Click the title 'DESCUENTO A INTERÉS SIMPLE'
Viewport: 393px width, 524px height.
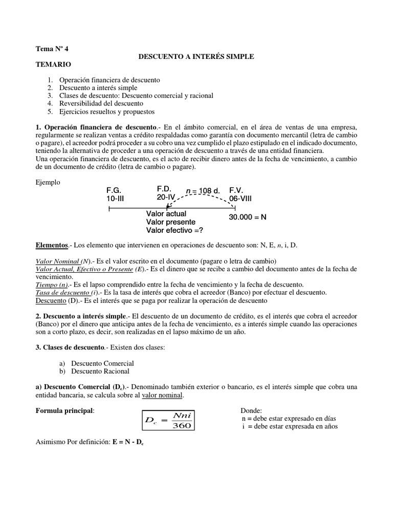coord(196,56)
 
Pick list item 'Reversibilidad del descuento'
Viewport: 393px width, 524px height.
coord(102,103)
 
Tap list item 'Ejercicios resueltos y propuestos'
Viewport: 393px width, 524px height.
coord(106,111)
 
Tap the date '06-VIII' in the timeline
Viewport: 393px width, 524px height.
coord(243,198)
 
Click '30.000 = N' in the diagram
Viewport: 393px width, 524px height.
coord(248,217)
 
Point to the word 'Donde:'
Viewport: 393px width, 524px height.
coord(251,411)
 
